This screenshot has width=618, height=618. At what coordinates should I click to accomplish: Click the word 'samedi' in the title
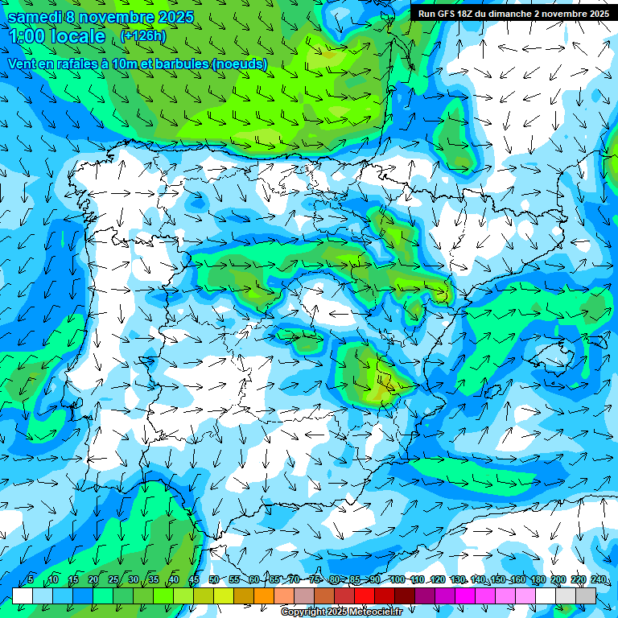click(35, 17)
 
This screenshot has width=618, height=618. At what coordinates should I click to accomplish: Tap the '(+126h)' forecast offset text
click(143, 35)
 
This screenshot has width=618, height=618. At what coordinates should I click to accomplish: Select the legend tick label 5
click(31, 579)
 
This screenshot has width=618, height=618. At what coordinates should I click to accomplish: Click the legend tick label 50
click(213, 579)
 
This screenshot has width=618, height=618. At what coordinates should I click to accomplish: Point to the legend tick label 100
click(397, 579)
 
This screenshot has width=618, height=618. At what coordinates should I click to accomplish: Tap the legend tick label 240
click(599, 579)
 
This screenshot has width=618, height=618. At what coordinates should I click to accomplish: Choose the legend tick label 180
click(538, 579)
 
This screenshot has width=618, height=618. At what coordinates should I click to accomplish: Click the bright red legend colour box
click(365, 595)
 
